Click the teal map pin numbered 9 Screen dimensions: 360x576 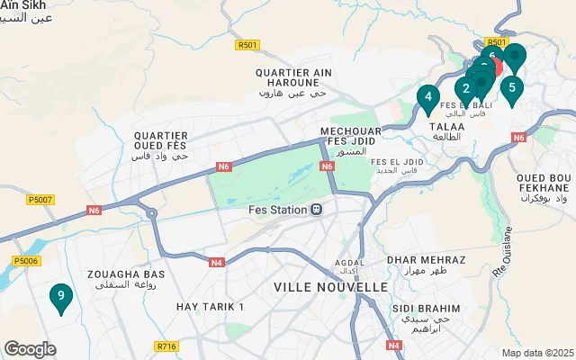point(60,296)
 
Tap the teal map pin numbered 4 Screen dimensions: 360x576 point(428,97)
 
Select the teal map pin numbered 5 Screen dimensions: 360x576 point(511,88)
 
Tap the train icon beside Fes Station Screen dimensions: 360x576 point(316,210)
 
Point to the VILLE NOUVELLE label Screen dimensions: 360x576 point(330,286)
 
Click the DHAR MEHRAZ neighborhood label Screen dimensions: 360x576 point(426,259)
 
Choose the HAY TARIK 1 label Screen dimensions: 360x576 point(211,307)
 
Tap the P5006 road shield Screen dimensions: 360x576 point(27,261)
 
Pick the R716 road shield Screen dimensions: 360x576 point(166,346)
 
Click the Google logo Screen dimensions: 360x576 point(30,348)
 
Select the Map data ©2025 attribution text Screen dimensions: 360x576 point(536,353)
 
